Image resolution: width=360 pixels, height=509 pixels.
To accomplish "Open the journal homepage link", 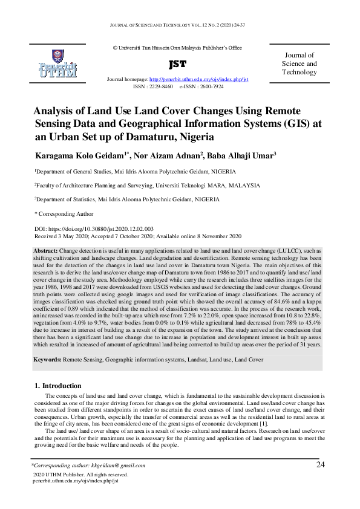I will point(199,80).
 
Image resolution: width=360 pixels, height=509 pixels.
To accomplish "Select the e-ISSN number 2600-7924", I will point(209,86).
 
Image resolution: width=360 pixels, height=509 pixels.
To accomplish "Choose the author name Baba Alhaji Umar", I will point(242,156).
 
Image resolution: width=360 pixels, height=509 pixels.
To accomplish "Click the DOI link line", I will point(94,229).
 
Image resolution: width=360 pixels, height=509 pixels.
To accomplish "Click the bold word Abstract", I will point(45,250).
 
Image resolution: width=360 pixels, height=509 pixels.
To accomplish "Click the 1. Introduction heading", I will point(57,386).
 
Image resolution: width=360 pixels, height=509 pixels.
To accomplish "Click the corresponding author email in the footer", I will point(123,465).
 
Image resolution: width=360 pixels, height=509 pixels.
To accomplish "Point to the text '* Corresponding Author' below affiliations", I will point(64,213).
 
